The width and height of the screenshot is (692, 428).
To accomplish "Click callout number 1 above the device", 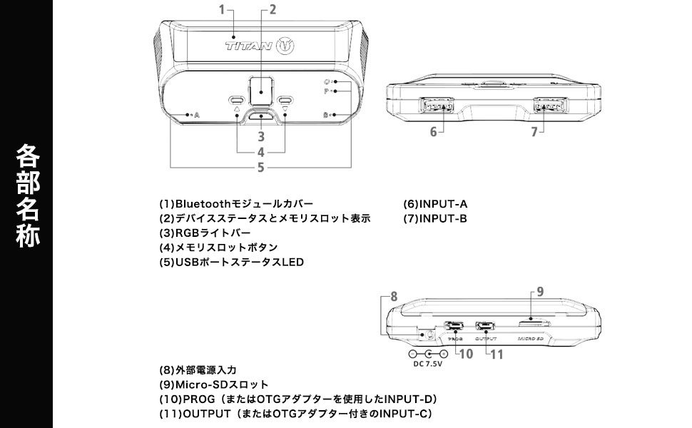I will [222, 9].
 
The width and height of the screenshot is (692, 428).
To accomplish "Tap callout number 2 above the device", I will [272, 9].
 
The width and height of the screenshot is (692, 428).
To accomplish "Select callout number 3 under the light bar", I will [261, 136].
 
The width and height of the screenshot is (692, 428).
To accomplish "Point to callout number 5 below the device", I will [261, 167].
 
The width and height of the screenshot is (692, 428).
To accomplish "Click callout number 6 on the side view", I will [433, 132].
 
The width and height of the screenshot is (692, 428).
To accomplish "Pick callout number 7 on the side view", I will [533, 132].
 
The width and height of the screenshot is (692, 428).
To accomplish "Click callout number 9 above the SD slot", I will [540, 291].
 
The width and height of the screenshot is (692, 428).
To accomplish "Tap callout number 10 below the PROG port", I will [466, 353].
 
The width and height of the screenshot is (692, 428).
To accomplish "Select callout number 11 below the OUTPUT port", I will [497, 353].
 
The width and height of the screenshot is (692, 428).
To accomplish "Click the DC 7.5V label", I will [428, 364].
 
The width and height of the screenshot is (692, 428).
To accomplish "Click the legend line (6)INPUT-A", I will [435, 204].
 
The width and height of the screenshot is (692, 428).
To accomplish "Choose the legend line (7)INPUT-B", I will [435, 218].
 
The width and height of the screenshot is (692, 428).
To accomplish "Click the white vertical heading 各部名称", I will [27, 196].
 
